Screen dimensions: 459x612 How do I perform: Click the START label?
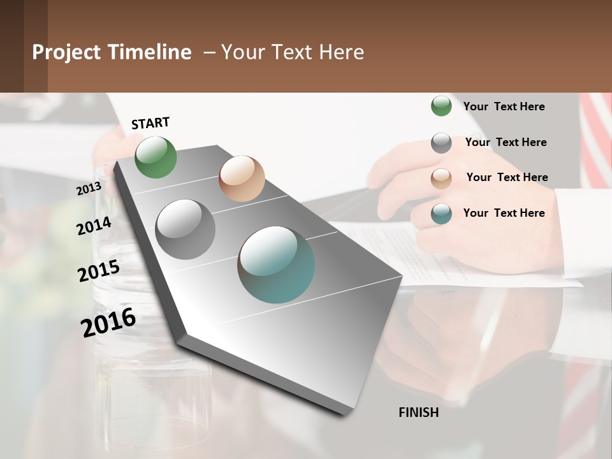point(150,123)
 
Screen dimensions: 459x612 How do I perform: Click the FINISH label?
point(418,412)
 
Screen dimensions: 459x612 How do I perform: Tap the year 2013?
point(89,189)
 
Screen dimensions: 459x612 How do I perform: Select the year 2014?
point(94,226)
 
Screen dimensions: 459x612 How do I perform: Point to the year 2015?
point(99,271)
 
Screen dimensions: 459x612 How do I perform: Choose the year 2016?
point(108,323)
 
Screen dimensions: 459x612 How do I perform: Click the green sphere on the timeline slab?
point(156,157)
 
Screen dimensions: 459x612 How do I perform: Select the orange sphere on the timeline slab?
point(242,178)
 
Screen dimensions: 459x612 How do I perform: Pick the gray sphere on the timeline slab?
point(186,229)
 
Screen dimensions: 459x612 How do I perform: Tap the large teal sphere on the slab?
point(276,265)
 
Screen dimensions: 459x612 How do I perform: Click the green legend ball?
point(441,106)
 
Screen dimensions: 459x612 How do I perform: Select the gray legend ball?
point(441,143)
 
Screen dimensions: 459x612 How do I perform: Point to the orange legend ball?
point(441,178)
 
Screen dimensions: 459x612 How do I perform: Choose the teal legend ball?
point(441,214)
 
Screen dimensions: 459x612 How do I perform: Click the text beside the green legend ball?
point(504,106)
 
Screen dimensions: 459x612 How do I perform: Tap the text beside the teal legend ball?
point(504,213)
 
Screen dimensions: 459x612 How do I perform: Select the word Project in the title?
point(66,52)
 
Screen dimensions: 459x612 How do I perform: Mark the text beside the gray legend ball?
point(506,142)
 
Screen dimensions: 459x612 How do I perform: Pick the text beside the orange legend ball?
point(507,177)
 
